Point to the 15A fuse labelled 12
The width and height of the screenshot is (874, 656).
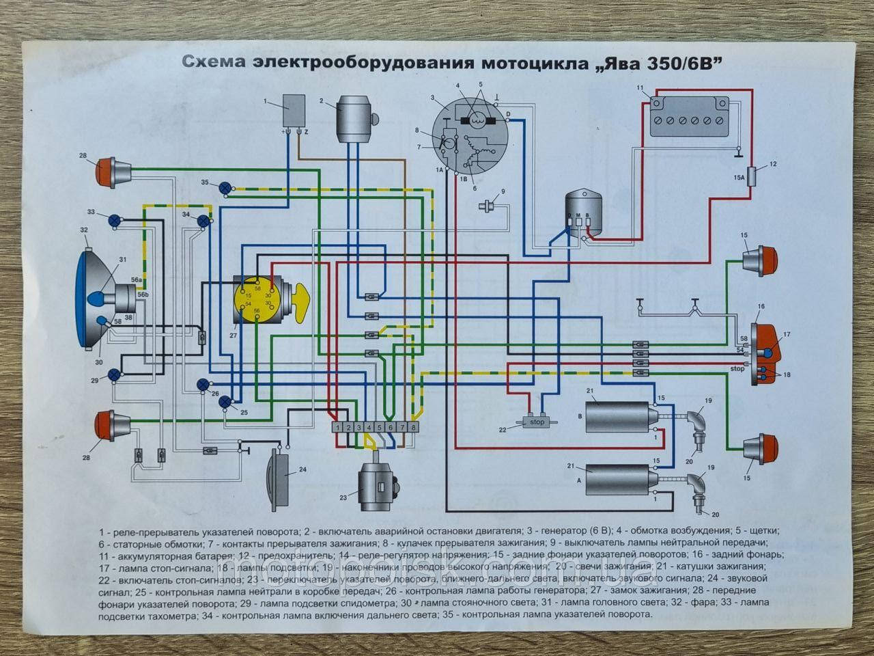point(753,176)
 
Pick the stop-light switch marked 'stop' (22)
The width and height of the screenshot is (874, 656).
point(537,421)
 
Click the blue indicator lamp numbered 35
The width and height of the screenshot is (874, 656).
point(227,187)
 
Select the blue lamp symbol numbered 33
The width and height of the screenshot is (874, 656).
point(115,220)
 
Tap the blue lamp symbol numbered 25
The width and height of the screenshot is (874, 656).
point(225,402)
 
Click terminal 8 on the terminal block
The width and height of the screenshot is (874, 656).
point(413,427)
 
